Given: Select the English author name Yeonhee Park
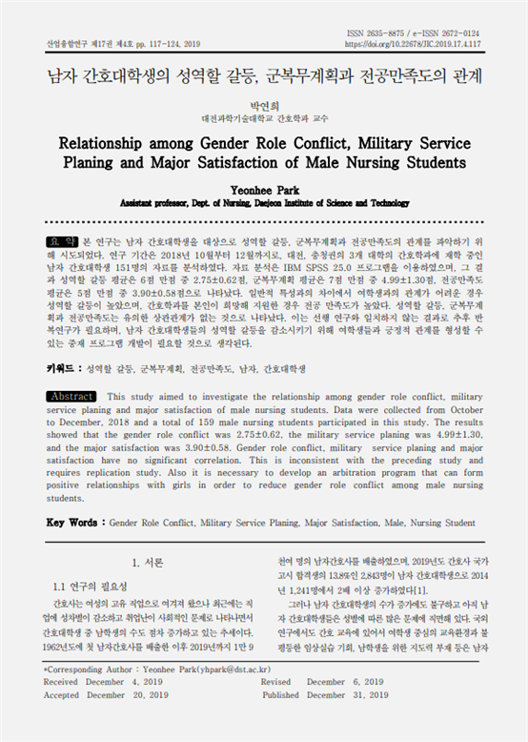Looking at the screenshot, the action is (264, 190).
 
